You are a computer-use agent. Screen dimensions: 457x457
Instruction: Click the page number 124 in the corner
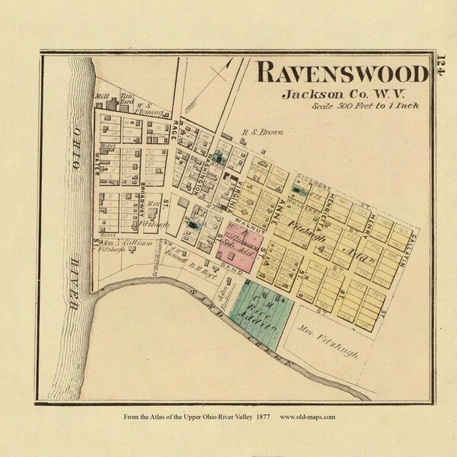[x=441, y=66]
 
